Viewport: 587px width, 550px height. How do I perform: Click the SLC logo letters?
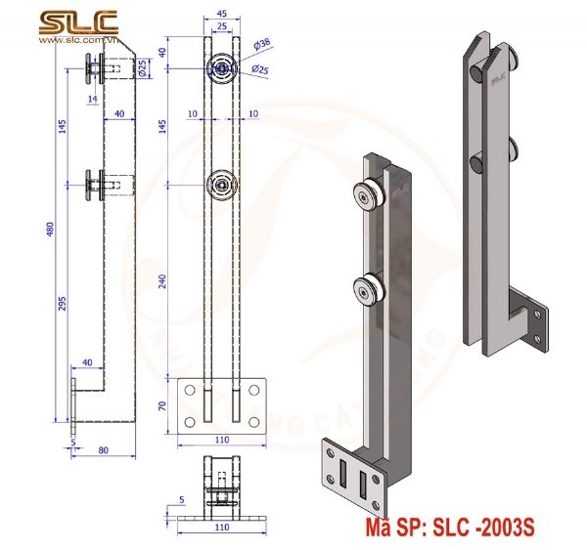[77, 22]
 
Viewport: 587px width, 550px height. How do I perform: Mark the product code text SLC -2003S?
[446, 529]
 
